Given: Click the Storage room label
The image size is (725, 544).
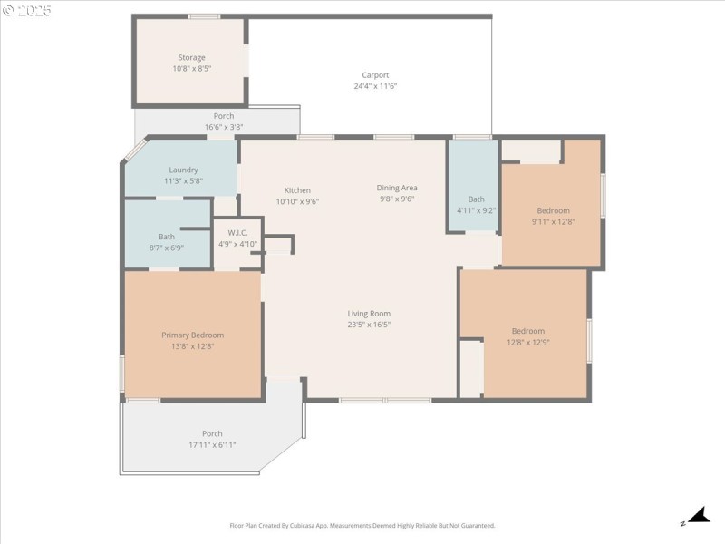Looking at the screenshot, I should (x=191, y=57).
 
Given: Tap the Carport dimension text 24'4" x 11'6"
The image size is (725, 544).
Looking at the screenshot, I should (x=375, y=86).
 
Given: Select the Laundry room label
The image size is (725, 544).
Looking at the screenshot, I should (x=183, y=170).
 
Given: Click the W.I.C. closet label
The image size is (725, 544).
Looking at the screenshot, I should (x=238, y=232).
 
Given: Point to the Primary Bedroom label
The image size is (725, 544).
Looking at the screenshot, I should (x=192, y=335).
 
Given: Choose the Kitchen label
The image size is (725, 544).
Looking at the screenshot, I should (x=297, y=190).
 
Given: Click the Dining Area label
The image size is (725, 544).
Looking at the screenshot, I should (x=397, y=188).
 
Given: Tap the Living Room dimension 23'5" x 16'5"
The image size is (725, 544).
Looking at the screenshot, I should (x=369, y=325).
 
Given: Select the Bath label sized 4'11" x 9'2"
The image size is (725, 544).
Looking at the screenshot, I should (x=477, y=199).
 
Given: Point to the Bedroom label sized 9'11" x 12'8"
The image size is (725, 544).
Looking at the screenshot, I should (x=553, y=210).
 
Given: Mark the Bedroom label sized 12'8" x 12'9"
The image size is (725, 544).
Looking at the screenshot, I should (x=528, y=331).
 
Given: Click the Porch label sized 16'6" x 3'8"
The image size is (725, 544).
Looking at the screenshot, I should (x=224, y=116).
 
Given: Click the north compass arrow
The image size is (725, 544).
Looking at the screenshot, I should (x=698, y=516).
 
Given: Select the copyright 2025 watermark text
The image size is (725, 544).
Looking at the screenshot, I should (x=27, y=11).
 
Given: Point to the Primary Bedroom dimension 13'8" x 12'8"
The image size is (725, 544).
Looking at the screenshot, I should (x=192, y=345).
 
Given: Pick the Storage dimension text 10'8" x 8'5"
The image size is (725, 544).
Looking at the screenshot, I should (x=191, y=68).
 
